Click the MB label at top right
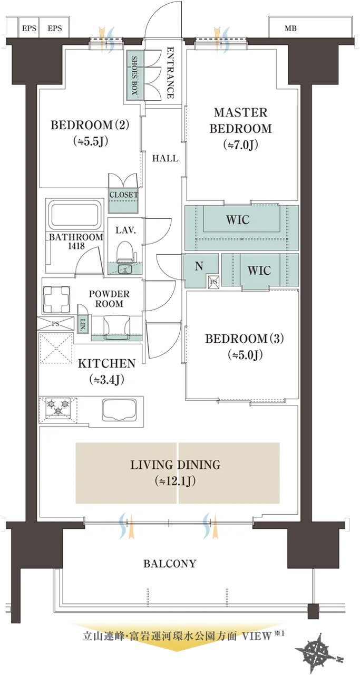click(x=290, y=28)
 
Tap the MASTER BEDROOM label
click(x=241, y=121)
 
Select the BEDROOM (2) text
click(x=90, y=125)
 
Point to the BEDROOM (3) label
click(x=245, y=339)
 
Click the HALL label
click(x=165, y=158)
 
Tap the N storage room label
click(x=199, y=266)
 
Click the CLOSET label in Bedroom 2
click(x=123, y=195)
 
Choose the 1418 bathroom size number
click(x=76, y=246)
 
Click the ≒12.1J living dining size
click(x=176, y=481)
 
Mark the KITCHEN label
click(x=106, y=363)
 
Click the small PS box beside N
click(x=214, y=282)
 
